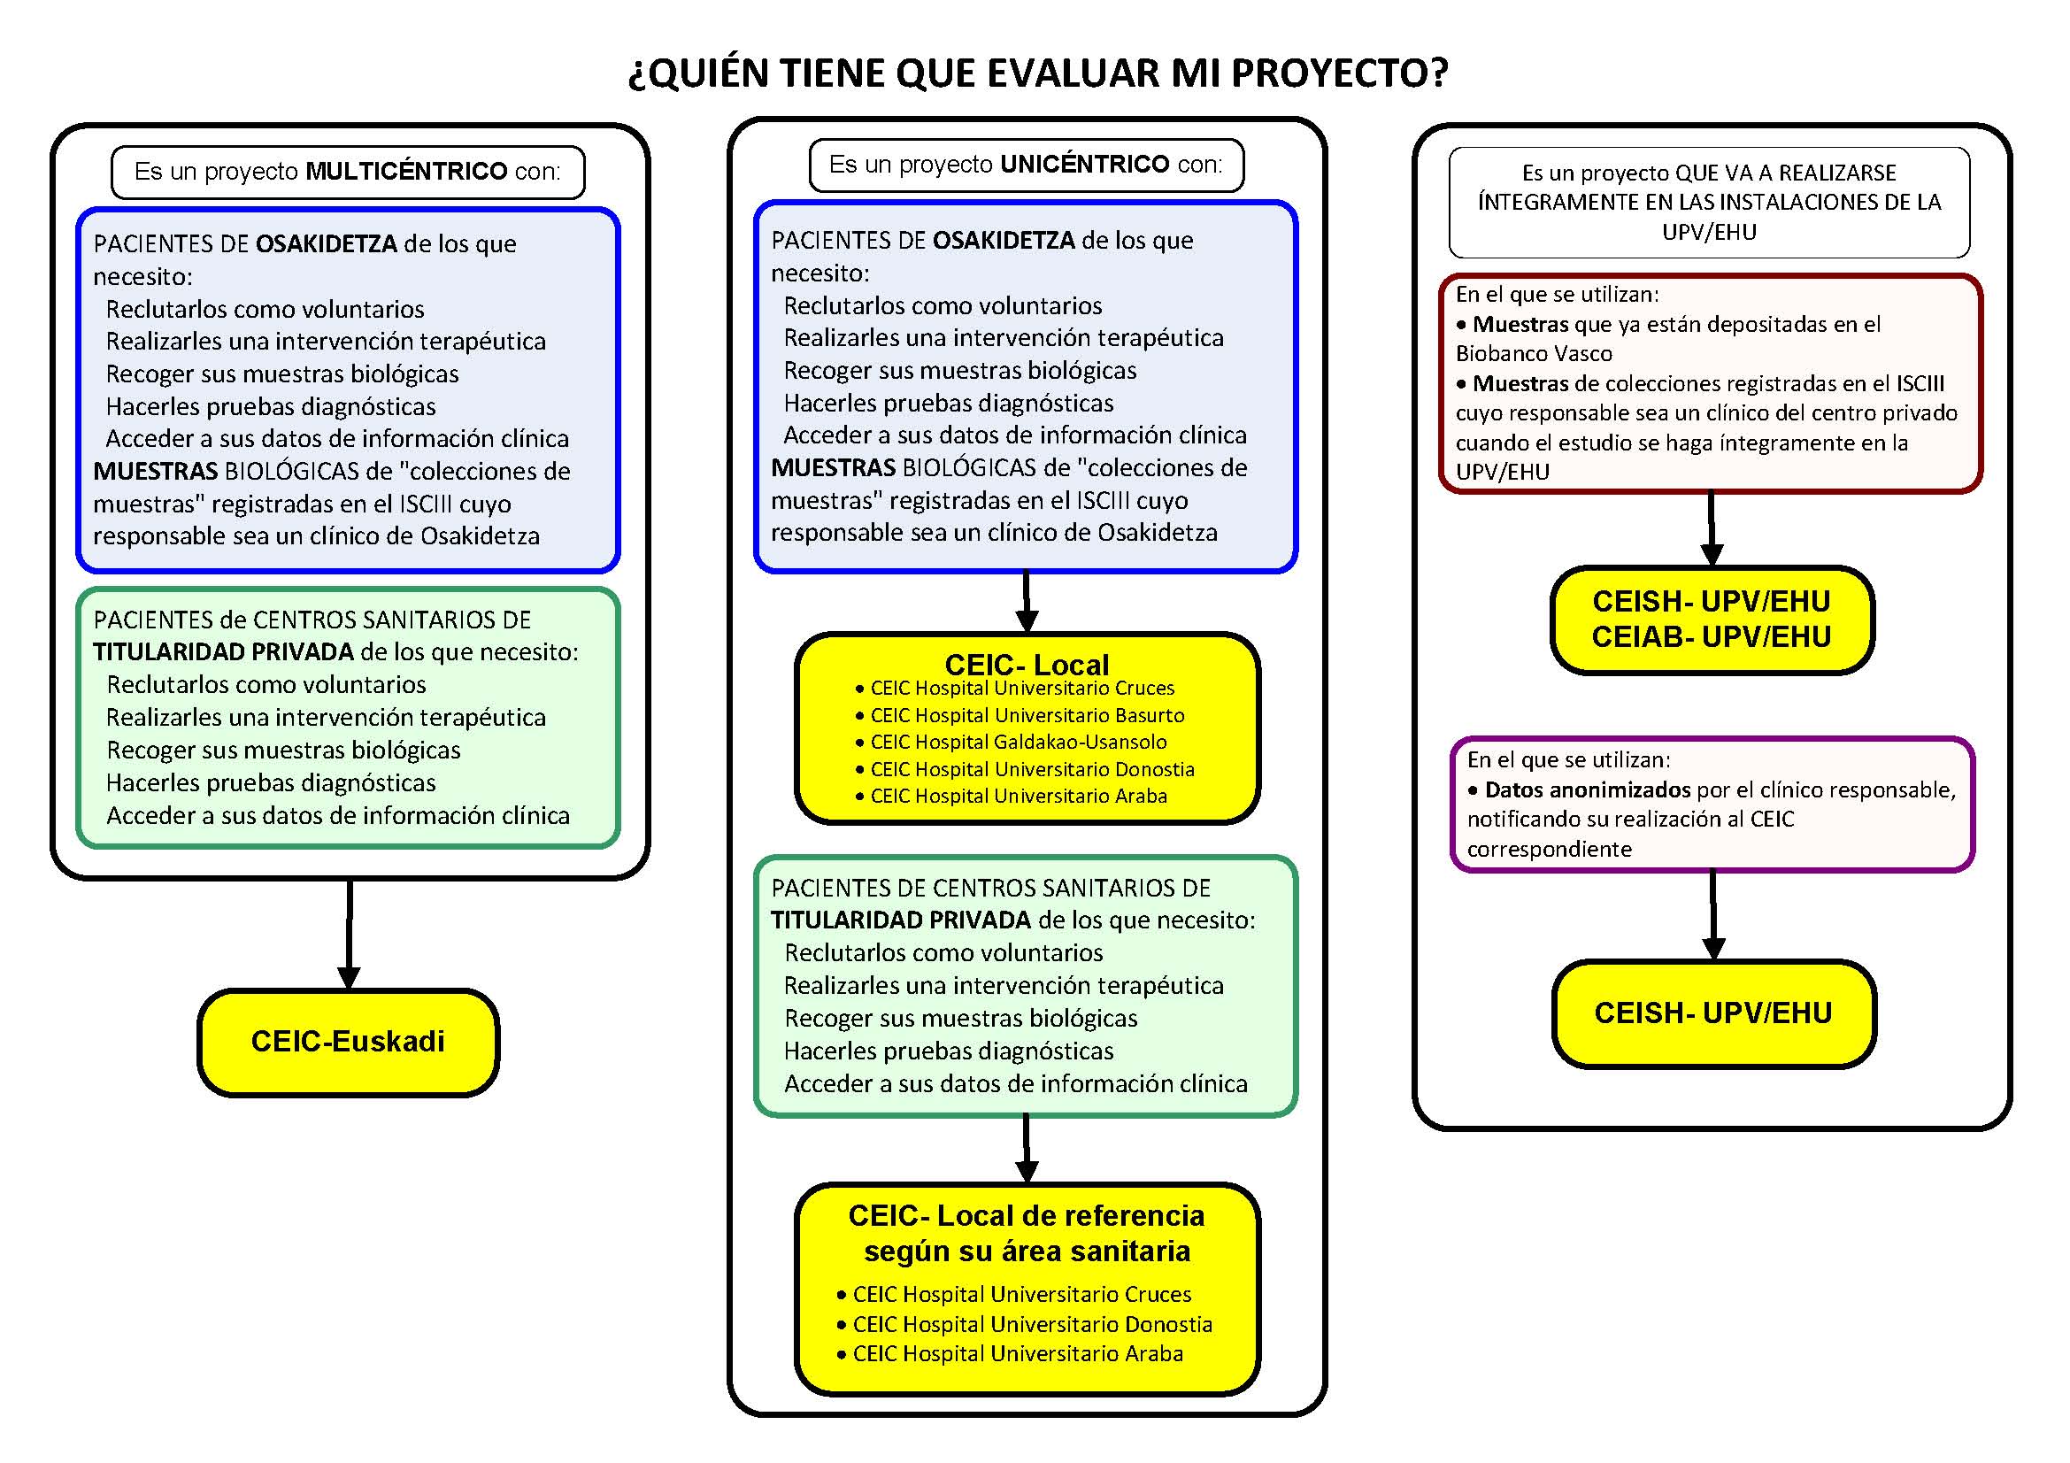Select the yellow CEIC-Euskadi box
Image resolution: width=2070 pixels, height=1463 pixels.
(348, 1042)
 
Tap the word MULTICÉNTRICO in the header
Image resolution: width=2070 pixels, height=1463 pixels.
(406, 172)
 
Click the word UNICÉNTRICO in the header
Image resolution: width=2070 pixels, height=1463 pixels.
(1085, 164)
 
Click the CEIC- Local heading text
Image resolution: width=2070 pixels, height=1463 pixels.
(1026, 665)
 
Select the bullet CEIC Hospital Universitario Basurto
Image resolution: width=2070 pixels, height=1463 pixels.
(1027, 716)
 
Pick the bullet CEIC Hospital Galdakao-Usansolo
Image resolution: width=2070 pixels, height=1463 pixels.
(1018, 743)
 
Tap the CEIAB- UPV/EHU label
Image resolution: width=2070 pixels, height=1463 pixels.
(1712, 637)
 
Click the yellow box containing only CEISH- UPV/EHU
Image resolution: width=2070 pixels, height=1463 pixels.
(1713, 1013)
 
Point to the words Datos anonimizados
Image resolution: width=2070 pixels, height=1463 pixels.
(1587, 790)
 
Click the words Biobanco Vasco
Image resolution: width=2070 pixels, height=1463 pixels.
(1534, 354)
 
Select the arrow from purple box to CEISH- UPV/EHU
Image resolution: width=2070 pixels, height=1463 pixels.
(1713, 916)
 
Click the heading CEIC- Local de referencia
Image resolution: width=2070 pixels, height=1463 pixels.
(1026, 1216)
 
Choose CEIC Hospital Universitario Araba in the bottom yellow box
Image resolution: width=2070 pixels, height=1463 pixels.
(1017, 1354)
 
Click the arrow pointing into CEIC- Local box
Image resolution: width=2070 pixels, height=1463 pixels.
(1026, 602)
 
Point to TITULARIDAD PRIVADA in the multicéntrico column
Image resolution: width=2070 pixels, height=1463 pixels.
(224, 652)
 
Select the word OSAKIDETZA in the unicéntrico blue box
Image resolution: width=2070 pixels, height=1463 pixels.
(1004, 241)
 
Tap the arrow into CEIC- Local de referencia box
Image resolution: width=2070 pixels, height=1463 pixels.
(1026, 1151)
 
